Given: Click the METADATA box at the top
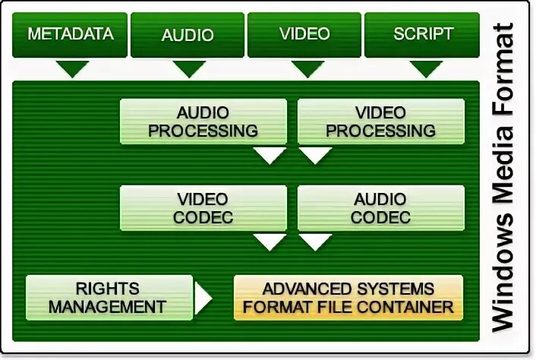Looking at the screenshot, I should [71, 34].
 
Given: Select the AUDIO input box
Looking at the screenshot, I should [188, 34].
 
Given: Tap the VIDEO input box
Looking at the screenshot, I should [304, 34].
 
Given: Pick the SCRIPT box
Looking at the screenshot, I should [422, 34].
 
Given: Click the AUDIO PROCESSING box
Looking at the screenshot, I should [203, 122].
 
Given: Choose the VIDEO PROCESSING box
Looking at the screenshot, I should [380, 122].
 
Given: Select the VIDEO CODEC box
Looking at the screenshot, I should [203, 208].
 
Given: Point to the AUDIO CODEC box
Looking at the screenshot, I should [380, 208].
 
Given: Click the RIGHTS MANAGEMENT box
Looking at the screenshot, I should [109, 297].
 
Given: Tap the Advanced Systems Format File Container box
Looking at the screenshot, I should [348, 297].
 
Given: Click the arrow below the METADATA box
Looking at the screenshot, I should [72, 69].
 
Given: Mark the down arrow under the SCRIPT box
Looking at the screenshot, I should [426, 69].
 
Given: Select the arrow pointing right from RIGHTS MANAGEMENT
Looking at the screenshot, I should [203, 298].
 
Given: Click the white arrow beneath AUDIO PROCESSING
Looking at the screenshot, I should [268, 156].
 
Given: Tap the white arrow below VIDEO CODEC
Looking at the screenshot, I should [268, 242].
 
